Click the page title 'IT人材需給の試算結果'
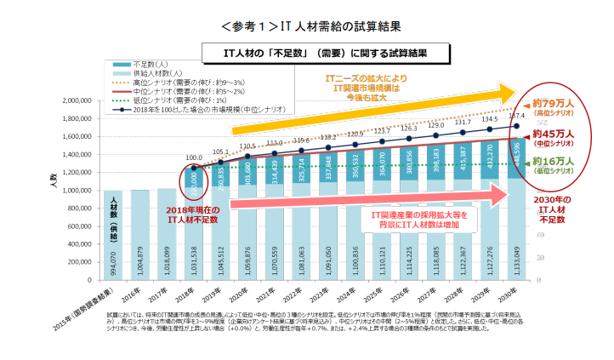pos(308,26)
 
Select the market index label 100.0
pos(194,157)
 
